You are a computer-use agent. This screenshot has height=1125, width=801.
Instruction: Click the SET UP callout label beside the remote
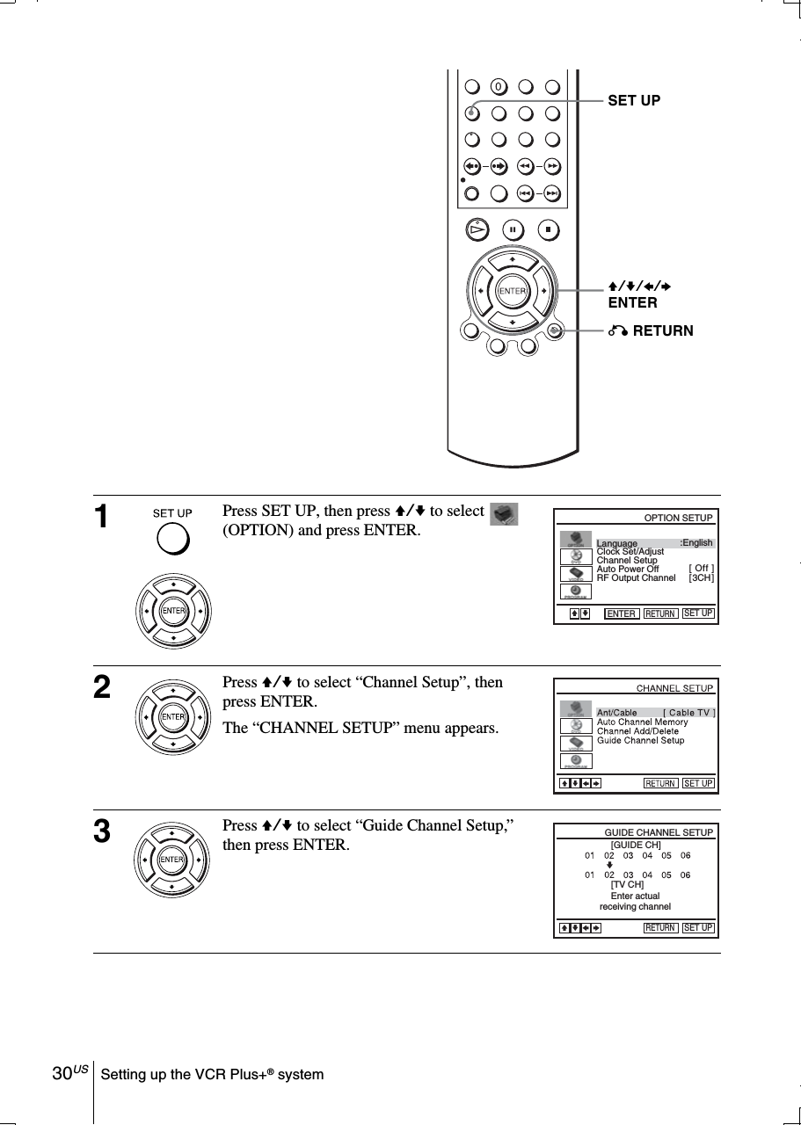coord(634,101)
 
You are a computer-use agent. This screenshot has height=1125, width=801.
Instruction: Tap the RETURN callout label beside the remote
coord(650,331)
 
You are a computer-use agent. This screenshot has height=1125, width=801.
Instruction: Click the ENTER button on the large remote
coord(512,291)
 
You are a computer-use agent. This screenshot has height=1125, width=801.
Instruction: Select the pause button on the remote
coord(513,229)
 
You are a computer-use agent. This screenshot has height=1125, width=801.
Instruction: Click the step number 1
coord(103,518)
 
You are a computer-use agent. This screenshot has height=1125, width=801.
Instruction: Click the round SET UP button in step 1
coord(173,539)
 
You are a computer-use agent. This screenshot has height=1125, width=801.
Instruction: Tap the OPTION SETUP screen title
coord(678,518)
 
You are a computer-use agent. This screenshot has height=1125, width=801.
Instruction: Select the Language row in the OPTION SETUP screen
coord(654,543)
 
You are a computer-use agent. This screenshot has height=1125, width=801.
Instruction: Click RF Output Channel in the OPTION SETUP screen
coord(636,577)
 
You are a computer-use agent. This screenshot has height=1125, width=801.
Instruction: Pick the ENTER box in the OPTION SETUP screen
coord(621,613)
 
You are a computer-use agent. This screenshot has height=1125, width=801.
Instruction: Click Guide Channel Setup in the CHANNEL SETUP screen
coord(640,741)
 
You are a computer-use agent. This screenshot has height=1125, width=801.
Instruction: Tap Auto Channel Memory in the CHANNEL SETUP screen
coord(642,722)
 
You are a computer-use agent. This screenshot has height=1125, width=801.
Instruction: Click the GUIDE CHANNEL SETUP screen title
coord(658,831)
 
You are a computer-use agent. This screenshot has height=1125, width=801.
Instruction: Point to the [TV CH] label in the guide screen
coord(627,884)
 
